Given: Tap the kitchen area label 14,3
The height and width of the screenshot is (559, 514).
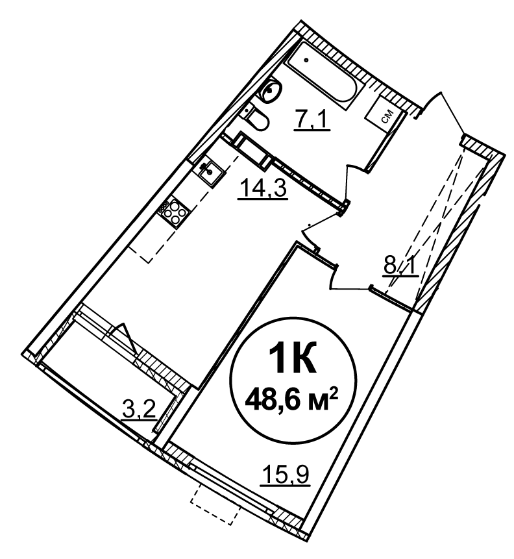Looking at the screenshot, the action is (263, 188).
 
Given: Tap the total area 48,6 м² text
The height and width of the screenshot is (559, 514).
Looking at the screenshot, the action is (291, 400).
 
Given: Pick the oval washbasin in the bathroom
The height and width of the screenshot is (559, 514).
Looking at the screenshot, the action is (272, 90).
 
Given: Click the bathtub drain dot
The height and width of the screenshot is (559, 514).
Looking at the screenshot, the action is (306, 60).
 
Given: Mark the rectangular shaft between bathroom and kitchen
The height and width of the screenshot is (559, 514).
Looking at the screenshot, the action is (253, 149).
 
